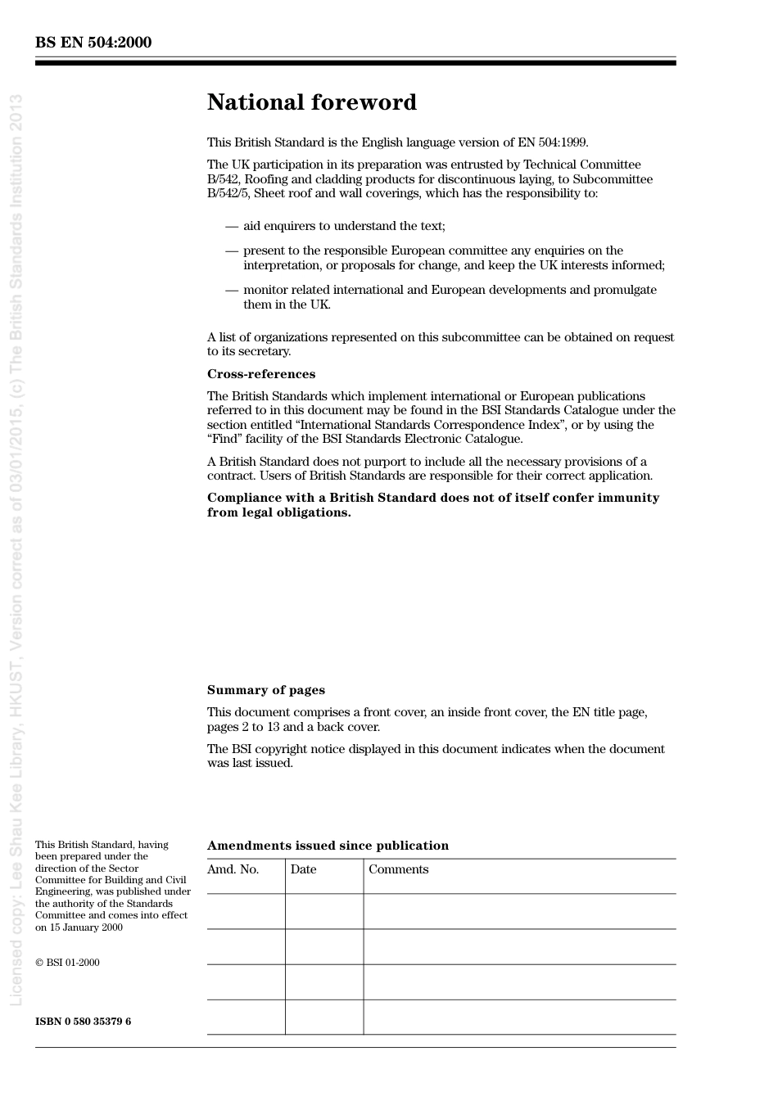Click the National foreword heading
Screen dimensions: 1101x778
[x=311, y=102]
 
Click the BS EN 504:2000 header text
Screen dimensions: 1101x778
[x=93, y=43]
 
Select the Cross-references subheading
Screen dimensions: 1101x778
[x=260, y=374]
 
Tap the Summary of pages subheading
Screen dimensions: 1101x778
[x=265, y=690]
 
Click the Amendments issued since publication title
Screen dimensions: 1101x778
[x=328, y=846]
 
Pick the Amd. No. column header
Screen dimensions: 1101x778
[x=233, y=869]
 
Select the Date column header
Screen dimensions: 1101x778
[x=303, y=869]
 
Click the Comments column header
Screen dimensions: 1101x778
[x=398, y=869]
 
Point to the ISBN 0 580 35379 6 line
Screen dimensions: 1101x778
[x=83, y=1022]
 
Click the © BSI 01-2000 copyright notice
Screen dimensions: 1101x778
[x=67, y=963]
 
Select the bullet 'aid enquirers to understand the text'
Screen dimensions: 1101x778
[x=344, y=226]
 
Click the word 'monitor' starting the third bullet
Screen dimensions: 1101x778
[x=265, y=290]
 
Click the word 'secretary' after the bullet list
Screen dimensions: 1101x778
[x=263, y=351]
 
